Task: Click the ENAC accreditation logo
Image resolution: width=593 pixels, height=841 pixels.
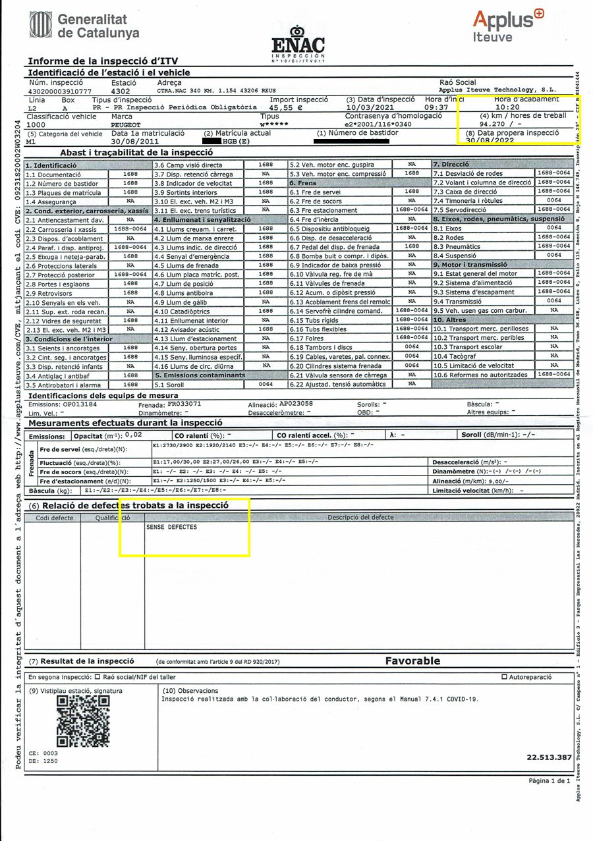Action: (x=298, y=44)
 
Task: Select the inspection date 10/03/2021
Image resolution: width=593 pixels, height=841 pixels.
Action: (x=370, y=107)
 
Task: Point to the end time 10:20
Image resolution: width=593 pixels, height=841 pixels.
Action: (x=508, y=107)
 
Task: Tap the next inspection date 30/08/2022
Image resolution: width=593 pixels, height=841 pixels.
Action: (x=489, y=140)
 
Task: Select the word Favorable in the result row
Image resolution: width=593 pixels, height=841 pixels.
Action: (x=412, y=661)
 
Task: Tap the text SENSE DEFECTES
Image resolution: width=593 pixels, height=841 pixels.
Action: (x=172, y=528)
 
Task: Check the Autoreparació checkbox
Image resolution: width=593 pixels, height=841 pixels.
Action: (x=505, y=677)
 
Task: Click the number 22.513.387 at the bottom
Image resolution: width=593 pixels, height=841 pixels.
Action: (x=549, y=758)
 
